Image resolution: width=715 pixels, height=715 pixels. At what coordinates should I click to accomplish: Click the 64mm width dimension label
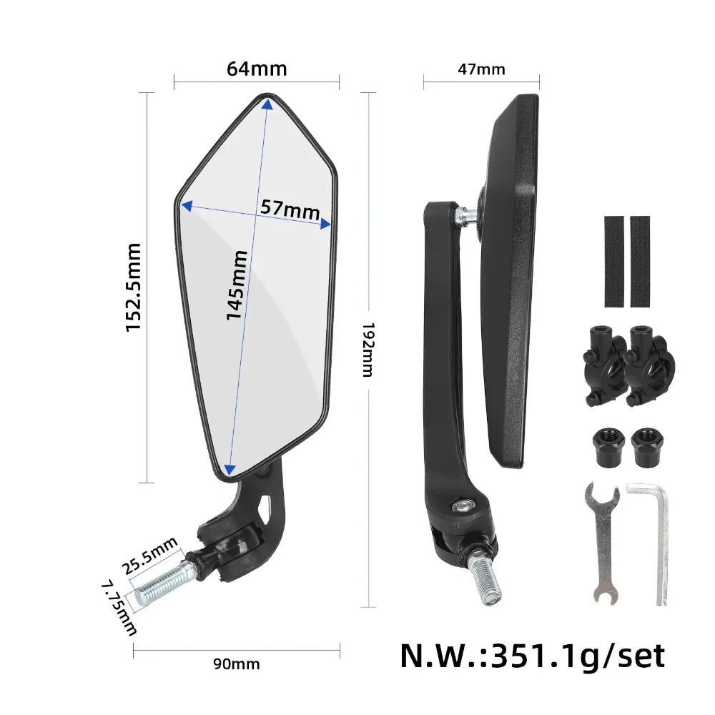pos(257,69)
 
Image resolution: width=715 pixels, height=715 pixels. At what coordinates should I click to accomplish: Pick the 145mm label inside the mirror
pos(237,285)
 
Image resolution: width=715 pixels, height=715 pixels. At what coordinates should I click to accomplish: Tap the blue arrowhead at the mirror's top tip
pos(267,104)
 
